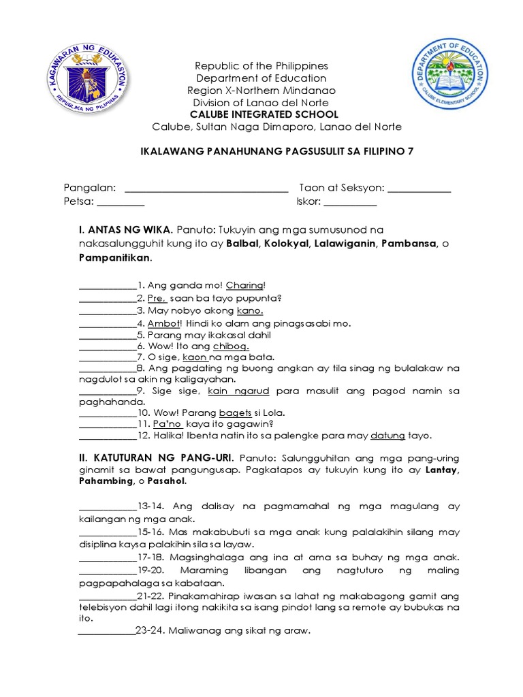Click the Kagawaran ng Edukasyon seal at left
[89, 84]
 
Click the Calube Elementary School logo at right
[449, 77]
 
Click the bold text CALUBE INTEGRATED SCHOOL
[261, 114]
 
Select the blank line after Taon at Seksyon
[419, 188]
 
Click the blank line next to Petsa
[121, 201]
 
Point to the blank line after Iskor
[350, 201]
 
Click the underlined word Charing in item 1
[244, 285]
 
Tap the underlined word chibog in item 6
[232, 346]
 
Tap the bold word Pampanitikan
[115, 259]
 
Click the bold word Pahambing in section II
[107, 481]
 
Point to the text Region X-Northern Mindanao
[261, 91]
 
